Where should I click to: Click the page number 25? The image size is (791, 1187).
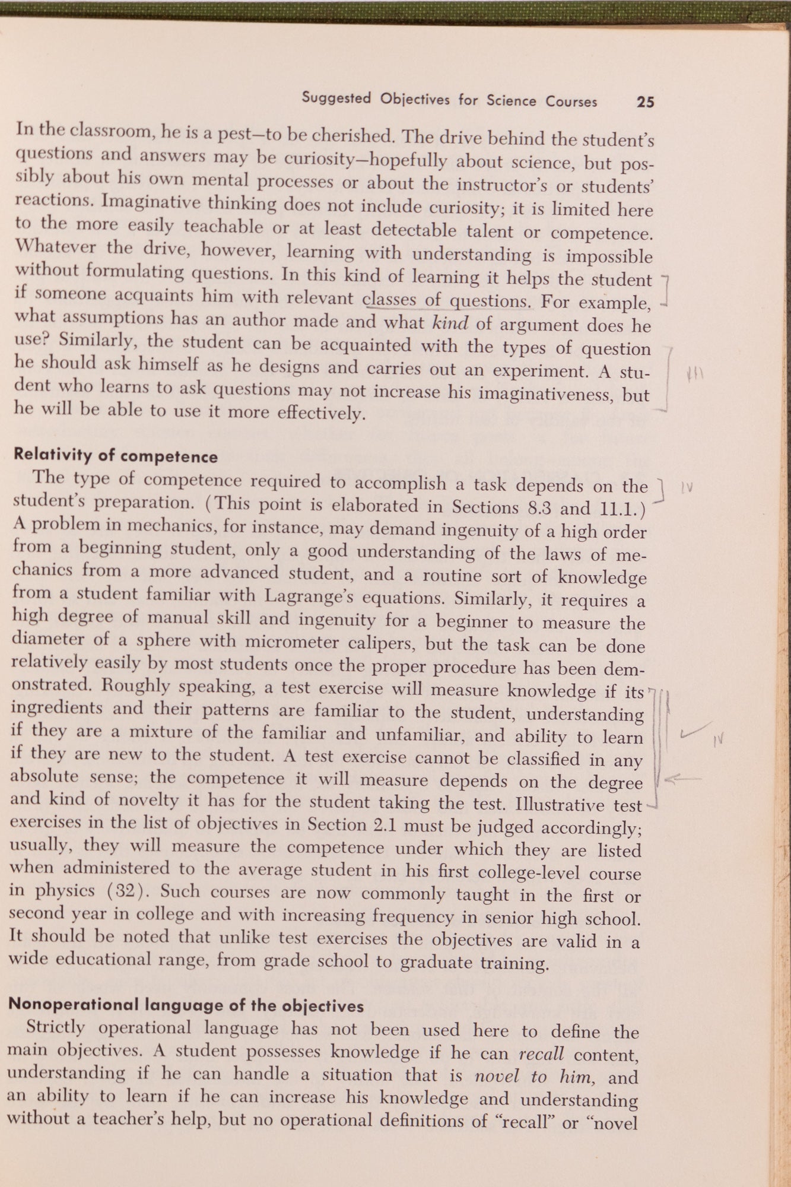click(x=645, y=101)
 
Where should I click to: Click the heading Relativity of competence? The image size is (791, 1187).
click(x=115, y=456)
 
